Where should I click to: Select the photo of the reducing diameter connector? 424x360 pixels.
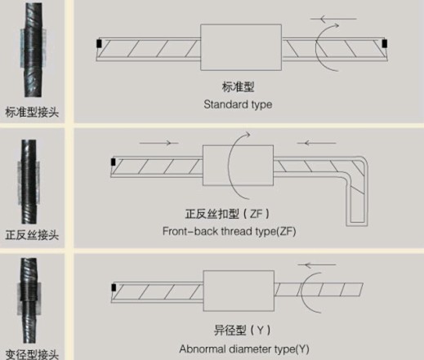pyautogui.click(x=32, y=303)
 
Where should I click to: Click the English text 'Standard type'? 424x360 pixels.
pyautogui.click(x=238, y=104)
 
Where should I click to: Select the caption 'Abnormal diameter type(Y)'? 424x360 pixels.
pyautogui.click(x=245, y=349)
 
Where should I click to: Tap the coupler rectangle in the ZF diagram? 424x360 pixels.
pyautogui.click(x=231, y=166)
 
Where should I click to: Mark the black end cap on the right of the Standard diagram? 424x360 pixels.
pyautogui.click(x=384, y=43)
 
